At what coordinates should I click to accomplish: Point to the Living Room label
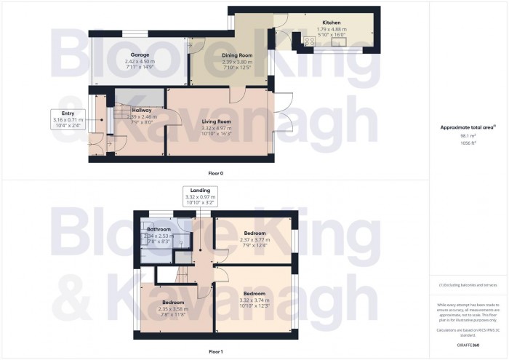coord(217,121)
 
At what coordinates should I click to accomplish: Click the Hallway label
coord(142,110)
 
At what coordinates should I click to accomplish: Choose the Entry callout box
coord(68,119)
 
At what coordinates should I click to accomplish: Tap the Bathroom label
coord(158,229)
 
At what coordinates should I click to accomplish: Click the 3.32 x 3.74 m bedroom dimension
coord(254,300)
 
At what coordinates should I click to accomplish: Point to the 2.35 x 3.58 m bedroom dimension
coord(172,308)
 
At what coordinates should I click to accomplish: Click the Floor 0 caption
coord(216,174)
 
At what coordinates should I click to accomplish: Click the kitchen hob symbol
coord(308,41)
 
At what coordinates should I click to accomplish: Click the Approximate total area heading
coord(468,127)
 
